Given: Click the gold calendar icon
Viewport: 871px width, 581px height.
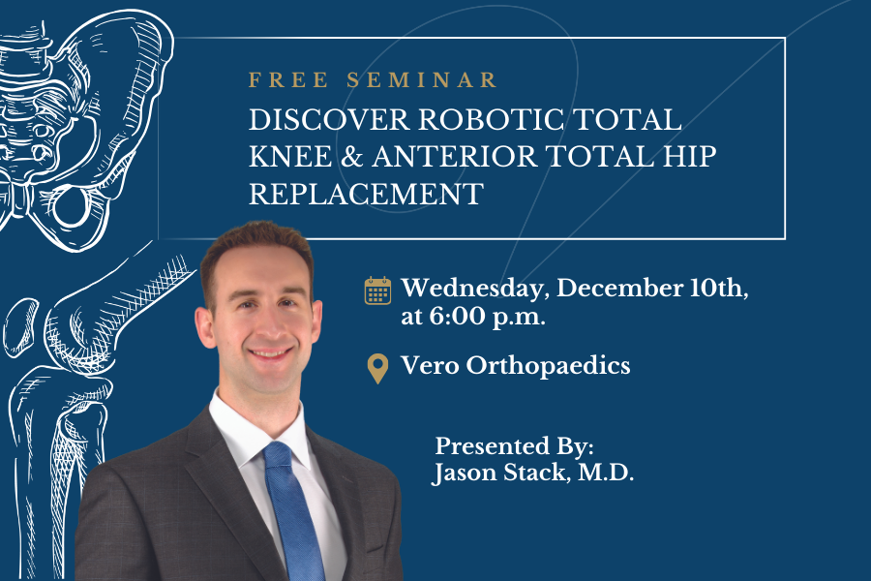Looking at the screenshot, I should click(376, 290).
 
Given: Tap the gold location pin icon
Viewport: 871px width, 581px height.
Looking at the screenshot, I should click(377, 368).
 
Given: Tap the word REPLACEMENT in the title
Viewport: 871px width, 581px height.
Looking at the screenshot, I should click(365, 193).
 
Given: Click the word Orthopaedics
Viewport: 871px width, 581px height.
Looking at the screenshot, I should click(548, 366).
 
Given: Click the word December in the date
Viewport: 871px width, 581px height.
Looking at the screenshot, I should click(615, 289).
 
